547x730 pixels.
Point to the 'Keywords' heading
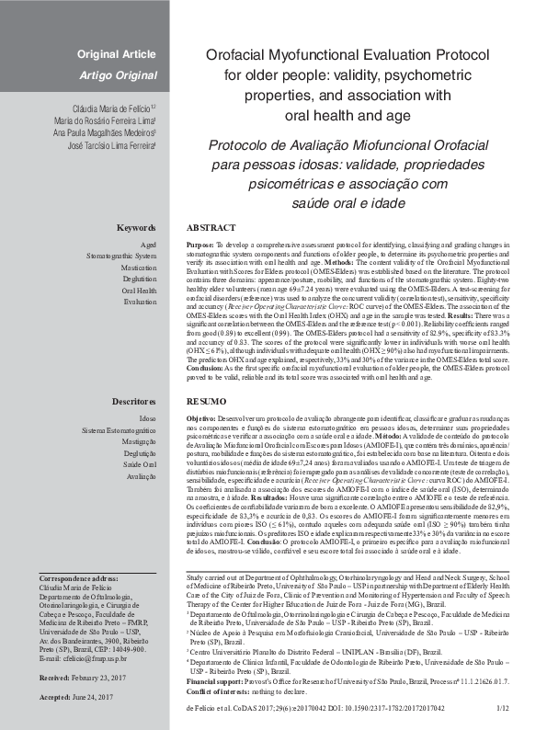[136, 227]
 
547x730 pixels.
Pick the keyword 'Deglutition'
[138, 289]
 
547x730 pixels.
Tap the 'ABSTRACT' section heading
[211, 227]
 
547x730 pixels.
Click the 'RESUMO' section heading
[206, 403]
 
